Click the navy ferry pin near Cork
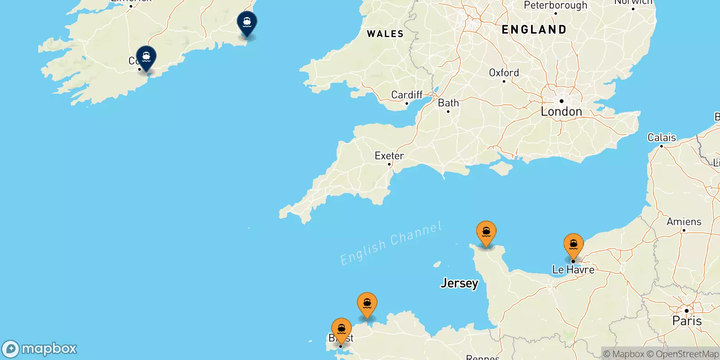pos(146,58)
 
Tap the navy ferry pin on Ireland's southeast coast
pos(247,22)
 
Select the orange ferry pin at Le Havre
pos(573,245)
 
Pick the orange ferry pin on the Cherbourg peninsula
pos(486,233)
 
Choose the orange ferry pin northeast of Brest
pos(367,304)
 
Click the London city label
pos(561,112)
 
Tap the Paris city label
pos(687,321)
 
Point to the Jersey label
pos(459,283)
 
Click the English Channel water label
pos(391,243)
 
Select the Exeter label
pos(389,156)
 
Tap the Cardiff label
pos(407,95)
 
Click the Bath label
pos(448,103)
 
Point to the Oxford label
pos(504,73)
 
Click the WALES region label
pos(385,34)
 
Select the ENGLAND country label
pos(534,30)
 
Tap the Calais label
pos(661,138)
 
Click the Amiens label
pos(684,222)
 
